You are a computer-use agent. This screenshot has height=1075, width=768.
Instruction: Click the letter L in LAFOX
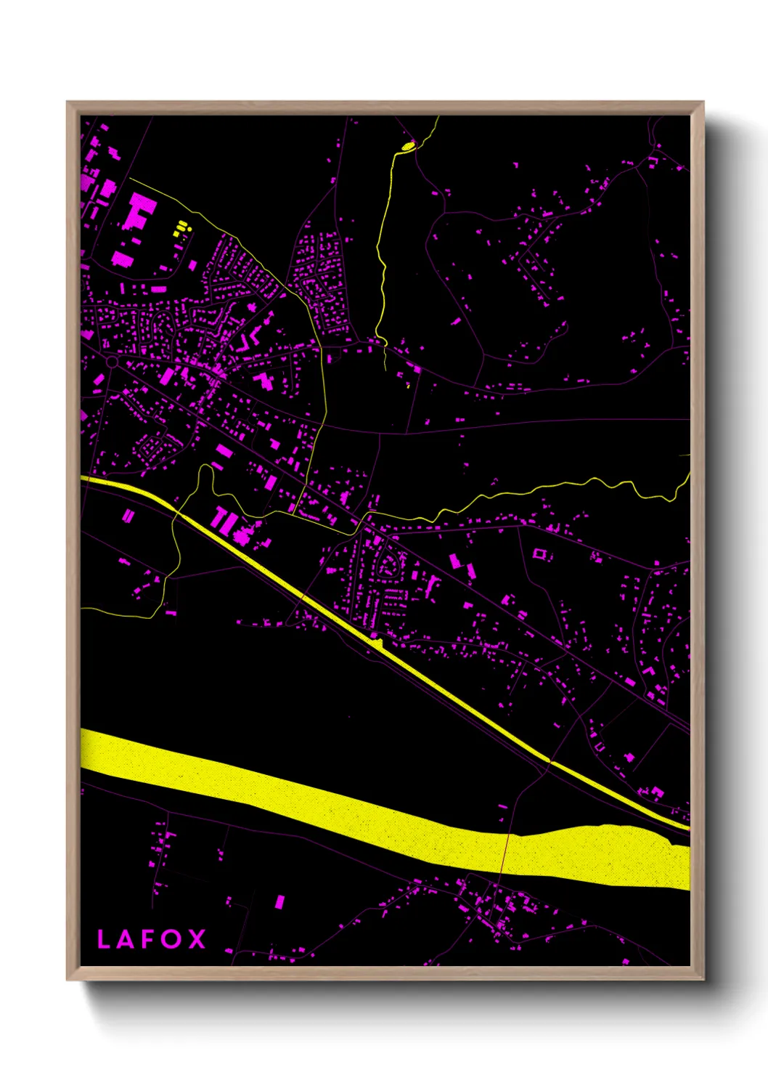click(x=104, y=938)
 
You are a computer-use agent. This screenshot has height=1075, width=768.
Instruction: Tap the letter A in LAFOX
click(x=126, y=938)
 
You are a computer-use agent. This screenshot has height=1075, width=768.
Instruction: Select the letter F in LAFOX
click(x=147, y=938)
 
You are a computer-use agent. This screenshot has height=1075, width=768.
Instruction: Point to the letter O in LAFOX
click(x=171, y=938)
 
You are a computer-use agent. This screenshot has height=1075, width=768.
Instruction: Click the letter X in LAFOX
click(x=197, y=938)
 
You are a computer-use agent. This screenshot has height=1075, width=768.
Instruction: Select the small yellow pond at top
click(x=408, y=147)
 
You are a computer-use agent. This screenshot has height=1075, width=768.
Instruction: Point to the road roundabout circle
click(x=112, y=361)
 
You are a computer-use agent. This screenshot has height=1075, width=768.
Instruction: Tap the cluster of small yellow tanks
click(x=181, y=230)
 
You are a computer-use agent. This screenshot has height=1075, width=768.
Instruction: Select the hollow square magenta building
click(x=539, y=553)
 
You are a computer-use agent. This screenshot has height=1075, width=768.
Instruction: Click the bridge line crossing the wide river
click(x=505, y=853)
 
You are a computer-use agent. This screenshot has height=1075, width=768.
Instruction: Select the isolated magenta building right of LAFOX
click(x=279, y=901)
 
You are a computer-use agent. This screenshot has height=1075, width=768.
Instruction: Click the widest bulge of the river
click(x=624, y=854)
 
